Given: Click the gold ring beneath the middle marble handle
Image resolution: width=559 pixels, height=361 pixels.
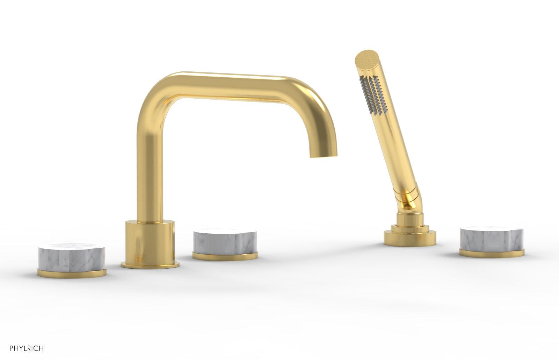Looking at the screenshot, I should click(x=225, y=256).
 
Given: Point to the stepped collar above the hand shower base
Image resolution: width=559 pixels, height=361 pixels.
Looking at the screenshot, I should click(x=407, y=224).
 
